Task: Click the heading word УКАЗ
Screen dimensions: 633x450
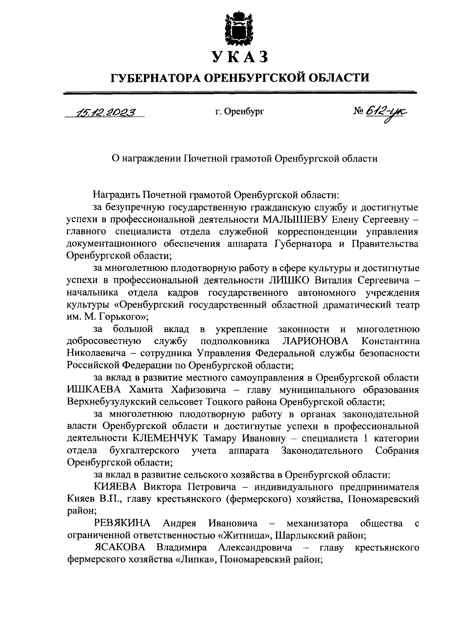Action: (240, 57)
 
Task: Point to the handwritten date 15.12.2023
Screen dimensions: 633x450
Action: (105, 112)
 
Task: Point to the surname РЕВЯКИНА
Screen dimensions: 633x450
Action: (122, 523)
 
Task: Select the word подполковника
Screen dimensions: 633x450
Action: (235, 341)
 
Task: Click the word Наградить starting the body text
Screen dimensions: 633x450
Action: (117, 195)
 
